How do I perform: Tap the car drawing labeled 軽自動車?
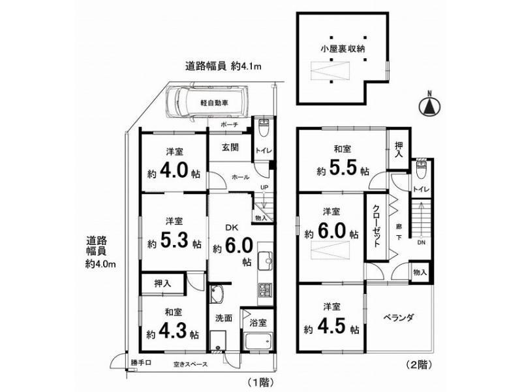(206, 102)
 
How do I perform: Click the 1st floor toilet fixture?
(264, 127)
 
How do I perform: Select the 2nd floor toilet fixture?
(422, 169)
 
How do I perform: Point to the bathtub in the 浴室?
(258, 340)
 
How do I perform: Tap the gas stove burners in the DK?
(265, 291)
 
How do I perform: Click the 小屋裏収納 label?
(343, 49)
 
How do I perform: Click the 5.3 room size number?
(175, 240)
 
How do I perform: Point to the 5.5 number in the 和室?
(344, 168)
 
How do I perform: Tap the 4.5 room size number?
(333, 325)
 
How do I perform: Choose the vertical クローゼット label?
(376, 225)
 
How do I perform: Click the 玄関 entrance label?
(230, 147)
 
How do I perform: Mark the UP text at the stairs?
(264, 188)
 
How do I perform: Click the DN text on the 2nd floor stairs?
(421, 242)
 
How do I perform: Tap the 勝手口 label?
(141, 363)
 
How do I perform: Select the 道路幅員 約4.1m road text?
(223, 67)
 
